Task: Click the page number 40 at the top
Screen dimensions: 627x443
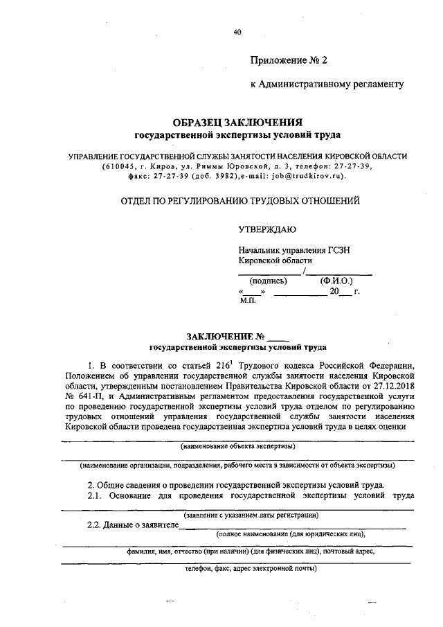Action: (237, 31)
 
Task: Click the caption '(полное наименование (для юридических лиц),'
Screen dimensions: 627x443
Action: (290, 534)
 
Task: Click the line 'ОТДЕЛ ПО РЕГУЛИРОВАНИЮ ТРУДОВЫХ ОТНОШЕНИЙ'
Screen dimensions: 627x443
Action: (240, 202)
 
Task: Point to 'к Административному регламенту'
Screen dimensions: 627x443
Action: (326, 84)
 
